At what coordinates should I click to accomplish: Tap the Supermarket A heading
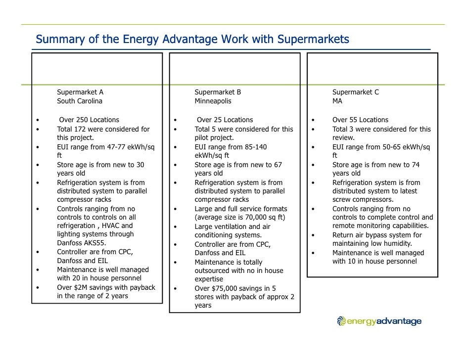[80, 92]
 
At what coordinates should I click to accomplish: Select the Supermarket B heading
[218, 92]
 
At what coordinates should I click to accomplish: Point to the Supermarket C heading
[356, 92]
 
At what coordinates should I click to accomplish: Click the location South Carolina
[80, 101]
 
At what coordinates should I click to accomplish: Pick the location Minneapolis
[213, 101]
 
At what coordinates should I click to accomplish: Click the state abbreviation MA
[337, 101]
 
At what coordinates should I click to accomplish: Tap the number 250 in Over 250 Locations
[83, 120]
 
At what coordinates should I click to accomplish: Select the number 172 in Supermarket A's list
[82, 129]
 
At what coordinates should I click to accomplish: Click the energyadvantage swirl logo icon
[341, 321]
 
